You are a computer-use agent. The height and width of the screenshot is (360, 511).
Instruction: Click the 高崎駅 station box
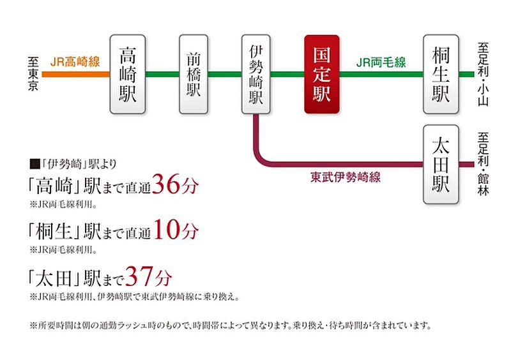tap(127, 74)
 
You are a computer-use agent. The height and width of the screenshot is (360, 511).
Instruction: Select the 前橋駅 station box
tap(194, 74)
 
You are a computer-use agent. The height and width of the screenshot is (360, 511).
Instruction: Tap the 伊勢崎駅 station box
tap(256, 74)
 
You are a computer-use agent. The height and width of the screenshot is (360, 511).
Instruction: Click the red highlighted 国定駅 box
tap(322, 74)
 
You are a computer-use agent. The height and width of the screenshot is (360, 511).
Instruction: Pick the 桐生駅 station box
tap(441, 74)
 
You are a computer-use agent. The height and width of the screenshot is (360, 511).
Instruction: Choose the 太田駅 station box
tap(441, 165)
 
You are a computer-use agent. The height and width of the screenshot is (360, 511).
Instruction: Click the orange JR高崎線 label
tap(75, 61)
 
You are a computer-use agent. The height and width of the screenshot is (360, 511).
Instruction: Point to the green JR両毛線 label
tap(381, 62)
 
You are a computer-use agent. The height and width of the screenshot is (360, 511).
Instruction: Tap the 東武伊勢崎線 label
tap(346, 177)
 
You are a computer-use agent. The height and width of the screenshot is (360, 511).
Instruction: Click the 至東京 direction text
tap(33, 73)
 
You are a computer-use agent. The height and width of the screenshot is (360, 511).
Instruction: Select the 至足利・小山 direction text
tap(483, 74)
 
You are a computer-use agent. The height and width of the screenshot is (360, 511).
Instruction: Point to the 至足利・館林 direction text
tap(483, 163)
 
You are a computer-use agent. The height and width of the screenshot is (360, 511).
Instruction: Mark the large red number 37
tap(139, 276)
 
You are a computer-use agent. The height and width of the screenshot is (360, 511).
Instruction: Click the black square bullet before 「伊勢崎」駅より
tap(34, 164)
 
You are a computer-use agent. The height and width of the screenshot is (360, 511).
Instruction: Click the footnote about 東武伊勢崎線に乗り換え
tap(134, 297)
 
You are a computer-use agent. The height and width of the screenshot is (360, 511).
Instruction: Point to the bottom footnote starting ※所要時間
tap(231, 326)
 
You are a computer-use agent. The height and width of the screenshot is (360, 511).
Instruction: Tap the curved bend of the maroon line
tap(260, 158)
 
